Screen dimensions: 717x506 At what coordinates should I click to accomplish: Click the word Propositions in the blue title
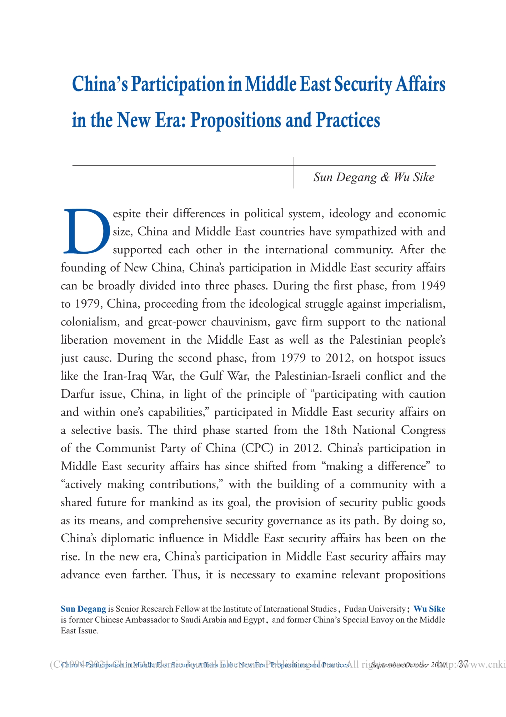[235, 120]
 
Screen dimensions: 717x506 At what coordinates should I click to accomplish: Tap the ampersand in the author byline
[385, 177]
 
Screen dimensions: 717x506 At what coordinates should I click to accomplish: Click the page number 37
[464, 664]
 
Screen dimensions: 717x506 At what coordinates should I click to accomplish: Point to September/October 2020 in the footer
[409, 665]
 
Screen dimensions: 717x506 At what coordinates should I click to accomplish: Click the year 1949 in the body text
[433, 286]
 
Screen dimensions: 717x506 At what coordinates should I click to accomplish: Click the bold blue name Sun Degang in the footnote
[83, 609]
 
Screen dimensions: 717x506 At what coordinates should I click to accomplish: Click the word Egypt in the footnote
[254, 619]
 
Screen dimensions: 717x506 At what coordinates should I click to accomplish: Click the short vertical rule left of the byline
[294, 173]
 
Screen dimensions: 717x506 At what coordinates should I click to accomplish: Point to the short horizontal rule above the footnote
[96, 597]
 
